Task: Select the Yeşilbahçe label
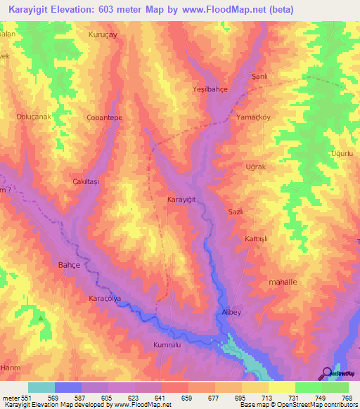tap(210, 89)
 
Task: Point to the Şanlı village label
tap(260, 75)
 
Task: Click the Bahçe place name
tap(79, 266)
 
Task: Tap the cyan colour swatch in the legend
tap(41, 387)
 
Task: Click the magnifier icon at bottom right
tap(326, 373)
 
